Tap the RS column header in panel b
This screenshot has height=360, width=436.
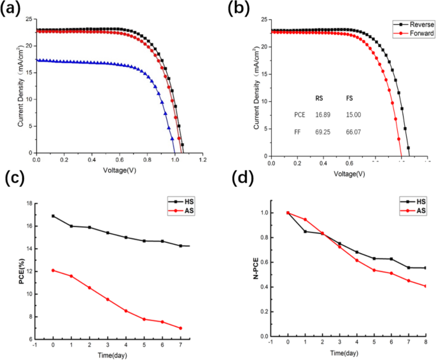pyautogui.click(x=320, y=98)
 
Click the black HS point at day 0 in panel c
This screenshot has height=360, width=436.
pyautogui.click(x=52, y=216)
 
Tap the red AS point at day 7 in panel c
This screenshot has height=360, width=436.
pyautogui.click(x=181, y=328)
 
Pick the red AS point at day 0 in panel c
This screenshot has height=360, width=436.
pyautogui.click(x=52, y=270)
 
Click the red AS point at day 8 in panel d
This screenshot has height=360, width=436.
pyautogui.click(x=425, y=286)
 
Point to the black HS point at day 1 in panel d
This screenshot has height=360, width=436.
pyautogui.click(x=305, y=232)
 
